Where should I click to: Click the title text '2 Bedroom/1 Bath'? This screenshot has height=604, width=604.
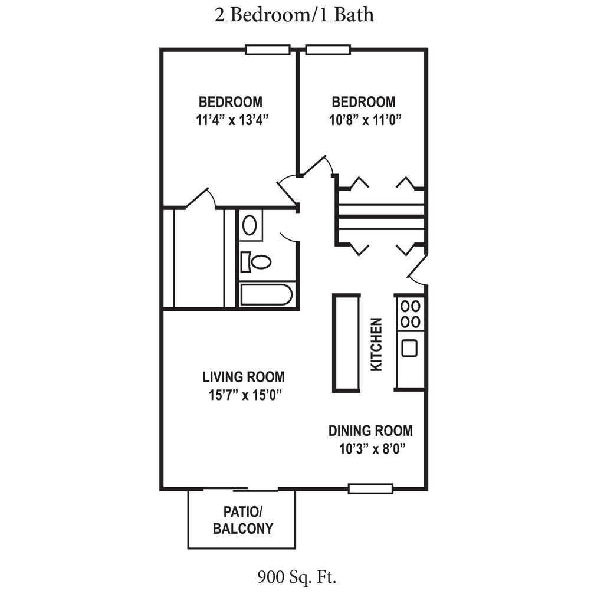294,14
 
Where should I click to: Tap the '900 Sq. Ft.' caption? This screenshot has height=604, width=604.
297,576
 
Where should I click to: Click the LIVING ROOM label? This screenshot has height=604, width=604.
243,376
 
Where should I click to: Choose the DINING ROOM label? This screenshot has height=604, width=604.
370,431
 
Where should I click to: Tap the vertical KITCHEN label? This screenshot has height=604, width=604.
376,344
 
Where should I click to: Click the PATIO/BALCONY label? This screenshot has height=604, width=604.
242,520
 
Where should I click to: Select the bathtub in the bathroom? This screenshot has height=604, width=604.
267,294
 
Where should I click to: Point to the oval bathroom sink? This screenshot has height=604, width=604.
250,225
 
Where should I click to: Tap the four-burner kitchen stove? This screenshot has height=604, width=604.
410,314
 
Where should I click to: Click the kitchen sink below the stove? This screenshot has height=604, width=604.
409,347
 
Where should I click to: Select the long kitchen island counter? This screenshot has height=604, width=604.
346,343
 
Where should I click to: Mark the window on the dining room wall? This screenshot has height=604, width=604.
370,488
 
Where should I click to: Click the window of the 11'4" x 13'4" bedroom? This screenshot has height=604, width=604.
267,50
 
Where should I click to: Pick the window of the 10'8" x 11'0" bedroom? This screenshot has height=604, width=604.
328,50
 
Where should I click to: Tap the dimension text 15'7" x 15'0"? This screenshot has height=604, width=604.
243,395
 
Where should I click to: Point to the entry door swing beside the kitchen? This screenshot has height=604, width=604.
418,269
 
